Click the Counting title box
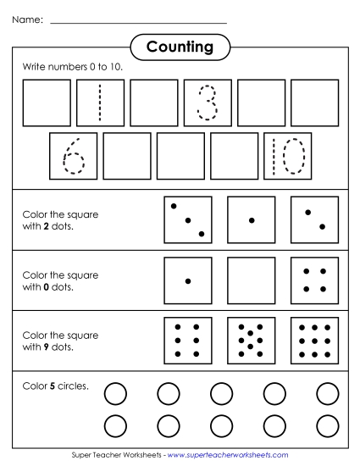(180, 47)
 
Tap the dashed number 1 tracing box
(100, 103)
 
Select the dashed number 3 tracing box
(208, 103)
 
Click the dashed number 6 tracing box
(73, 156)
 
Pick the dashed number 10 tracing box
(288, 156)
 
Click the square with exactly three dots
(187, 220)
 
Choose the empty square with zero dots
(252, 280)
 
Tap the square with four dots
(314, 280)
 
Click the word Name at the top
(27, 19)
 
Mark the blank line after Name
(139, 22)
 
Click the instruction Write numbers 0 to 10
(70, 66)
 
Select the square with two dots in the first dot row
(314, 220)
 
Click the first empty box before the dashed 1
(47, 103)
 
